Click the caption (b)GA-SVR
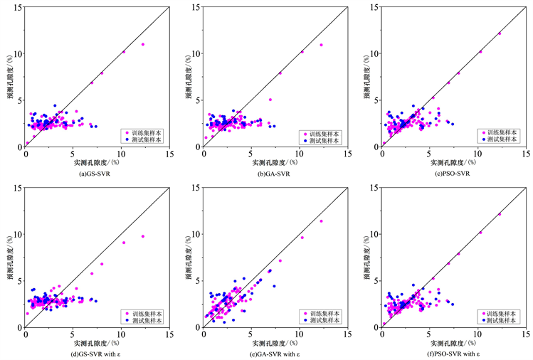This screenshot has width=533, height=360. point(268,173)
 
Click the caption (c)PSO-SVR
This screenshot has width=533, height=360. point(446,173)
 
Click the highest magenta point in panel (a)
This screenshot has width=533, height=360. point(143,44)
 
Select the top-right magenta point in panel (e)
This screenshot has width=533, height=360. point(321,221)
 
